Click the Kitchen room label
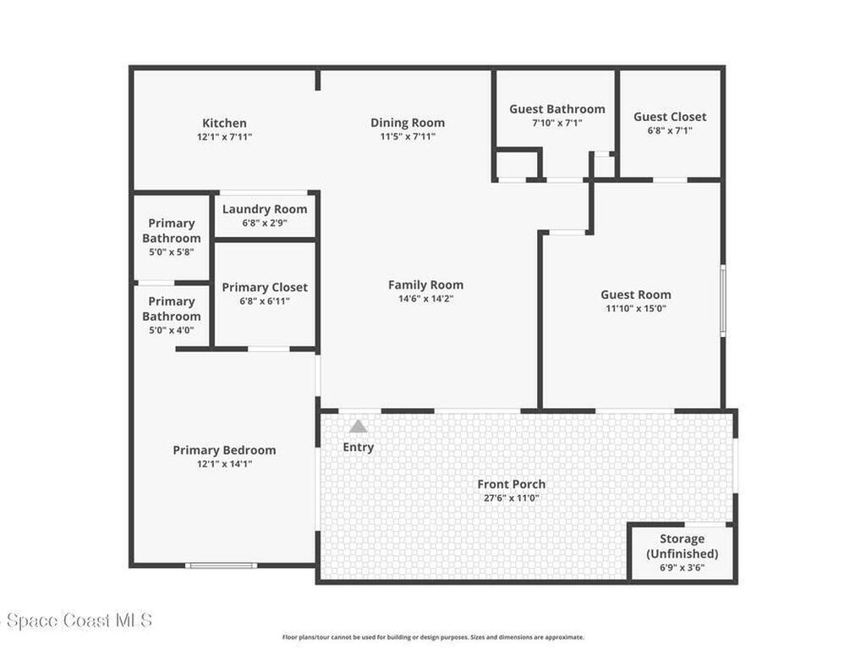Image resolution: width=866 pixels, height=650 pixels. coord(224,123)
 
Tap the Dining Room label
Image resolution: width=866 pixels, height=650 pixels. coord(407,123)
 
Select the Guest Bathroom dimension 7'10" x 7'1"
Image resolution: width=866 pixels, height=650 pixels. coord(556,123)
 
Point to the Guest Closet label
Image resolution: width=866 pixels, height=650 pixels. coord(670,117)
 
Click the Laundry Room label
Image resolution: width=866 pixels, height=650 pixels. coord(265,209)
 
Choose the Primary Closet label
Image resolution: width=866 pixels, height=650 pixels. coord(265,287)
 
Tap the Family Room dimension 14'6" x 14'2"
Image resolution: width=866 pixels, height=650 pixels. coord(425,298)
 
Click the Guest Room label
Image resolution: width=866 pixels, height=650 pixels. coord(636,295)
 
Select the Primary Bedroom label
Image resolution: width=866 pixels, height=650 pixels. coord(224,450)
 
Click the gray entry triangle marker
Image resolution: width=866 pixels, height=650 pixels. coord(359,427)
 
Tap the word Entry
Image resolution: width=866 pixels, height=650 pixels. coord(359,447)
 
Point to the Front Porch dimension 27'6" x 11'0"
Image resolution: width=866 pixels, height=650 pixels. coord(511,498)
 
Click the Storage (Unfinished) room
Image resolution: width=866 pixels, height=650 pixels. coord(682,552)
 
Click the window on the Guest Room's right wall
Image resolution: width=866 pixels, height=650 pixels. coord(722,300)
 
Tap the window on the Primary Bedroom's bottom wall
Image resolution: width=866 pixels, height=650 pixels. coord(222,565)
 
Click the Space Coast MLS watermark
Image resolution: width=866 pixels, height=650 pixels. coord(76,620)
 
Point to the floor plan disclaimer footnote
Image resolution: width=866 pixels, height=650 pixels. coord(432,637)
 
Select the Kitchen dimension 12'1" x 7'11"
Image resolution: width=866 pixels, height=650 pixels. coord(224,136)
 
